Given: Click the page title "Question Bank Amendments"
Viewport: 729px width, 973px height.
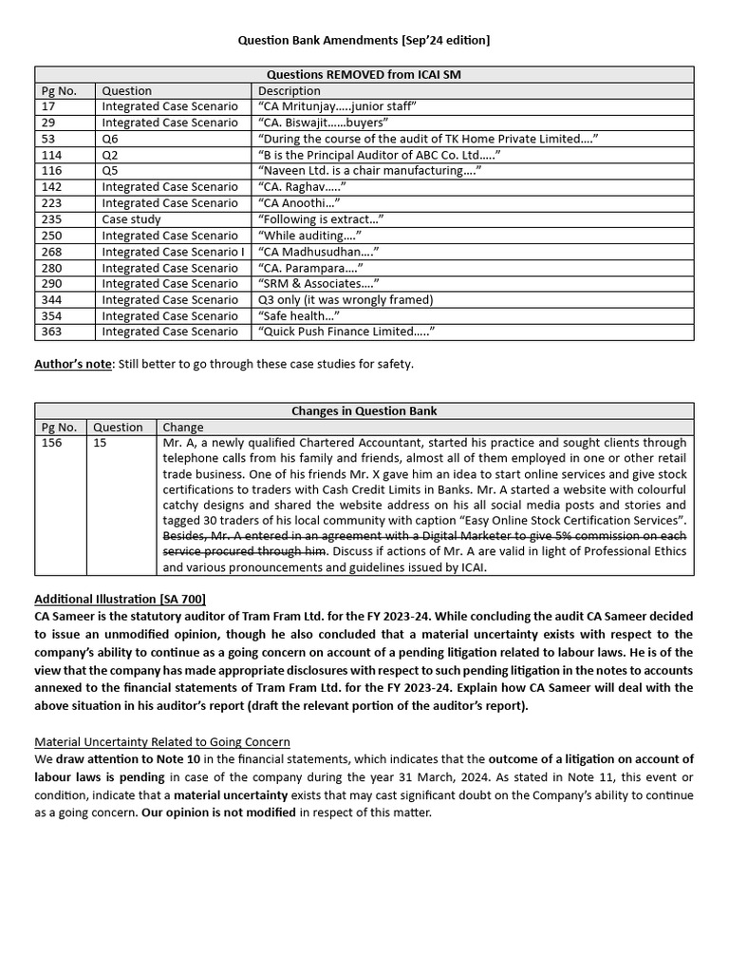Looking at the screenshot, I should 364,40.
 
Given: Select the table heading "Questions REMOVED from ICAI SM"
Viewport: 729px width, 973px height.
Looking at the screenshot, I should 364,74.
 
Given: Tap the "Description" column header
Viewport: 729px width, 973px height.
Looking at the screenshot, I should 290,90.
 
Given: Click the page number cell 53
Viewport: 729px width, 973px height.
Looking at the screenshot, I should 49,139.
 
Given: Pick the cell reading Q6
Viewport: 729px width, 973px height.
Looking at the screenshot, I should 110,139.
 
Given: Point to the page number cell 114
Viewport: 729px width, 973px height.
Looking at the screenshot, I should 52,155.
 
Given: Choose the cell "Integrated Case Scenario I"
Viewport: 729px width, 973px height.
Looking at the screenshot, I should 173,252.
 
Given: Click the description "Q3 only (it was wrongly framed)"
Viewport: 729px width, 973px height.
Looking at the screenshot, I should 346,299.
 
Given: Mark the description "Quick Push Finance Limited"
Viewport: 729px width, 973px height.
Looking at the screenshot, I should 346,332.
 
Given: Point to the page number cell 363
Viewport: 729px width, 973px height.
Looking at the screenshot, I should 52,332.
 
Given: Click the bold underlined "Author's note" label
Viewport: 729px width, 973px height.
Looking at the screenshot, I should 72,364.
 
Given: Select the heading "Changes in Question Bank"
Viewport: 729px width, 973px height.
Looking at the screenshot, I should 364,410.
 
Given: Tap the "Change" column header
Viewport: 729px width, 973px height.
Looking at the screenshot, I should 182,427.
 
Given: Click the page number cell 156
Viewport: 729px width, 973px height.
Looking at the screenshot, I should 52,443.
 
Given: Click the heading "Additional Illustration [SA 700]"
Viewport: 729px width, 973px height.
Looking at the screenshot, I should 120,599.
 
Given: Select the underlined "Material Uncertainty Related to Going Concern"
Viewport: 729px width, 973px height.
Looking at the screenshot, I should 162,741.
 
